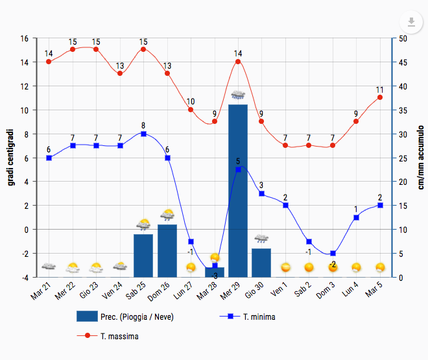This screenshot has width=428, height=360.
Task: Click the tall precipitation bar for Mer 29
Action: coord(238,191)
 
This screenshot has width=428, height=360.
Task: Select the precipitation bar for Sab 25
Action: coord(143,256)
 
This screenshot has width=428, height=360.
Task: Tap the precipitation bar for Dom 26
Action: coord(167,250)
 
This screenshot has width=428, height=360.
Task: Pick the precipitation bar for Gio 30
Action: coord(261,263)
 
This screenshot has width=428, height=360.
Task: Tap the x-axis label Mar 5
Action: coord(374,290)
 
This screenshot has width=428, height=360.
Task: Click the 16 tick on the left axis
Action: coord(24,38)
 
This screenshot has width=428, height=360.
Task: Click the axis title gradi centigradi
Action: coord(11,157)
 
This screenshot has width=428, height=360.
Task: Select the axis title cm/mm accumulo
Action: coord(420,157)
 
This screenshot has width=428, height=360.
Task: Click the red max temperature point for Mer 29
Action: coord(238,62)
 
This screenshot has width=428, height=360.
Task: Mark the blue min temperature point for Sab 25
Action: coord(143,134)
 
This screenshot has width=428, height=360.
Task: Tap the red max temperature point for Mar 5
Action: coord(380,97)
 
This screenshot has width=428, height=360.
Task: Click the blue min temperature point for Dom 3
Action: coord(333,253)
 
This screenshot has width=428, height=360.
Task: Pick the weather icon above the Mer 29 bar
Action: coord(238,96)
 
